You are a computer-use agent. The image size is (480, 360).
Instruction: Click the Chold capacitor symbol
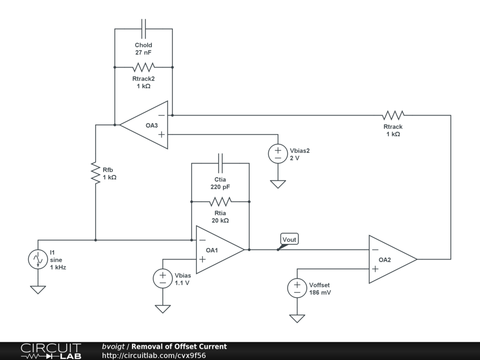(143, 29)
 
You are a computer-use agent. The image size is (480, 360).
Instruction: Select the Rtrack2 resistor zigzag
(143, 67)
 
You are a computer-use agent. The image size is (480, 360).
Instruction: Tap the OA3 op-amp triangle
(143, 125)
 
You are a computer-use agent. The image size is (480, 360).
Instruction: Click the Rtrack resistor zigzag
(393, 115)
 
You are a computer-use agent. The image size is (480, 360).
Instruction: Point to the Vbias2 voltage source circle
(278, 154)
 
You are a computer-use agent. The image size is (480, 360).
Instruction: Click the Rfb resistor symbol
(96, 173)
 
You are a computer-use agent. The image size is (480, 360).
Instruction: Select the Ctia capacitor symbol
(220, 163)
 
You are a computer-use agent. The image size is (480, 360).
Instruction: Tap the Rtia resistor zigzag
(220, 202)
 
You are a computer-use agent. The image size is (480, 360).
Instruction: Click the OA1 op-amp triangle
(220, 250)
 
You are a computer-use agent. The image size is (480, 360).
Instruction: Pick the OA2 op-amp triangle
(393, 259)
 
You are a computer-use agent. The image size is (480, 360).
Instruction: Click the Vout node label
(289, 239)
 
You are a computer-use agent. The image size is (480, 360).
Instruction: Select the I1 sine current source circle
(38, 259)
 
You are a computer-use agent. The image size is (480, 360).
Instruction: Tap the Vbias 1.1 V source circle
(163, 278)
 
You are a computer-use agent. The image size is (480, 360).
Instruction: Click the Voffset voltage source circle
(297, 288)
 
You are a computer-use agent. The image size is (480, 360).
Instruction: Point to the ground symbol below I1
(38, 290)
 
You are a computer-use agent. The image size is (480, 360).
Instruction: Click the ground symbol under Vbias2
(278, 184)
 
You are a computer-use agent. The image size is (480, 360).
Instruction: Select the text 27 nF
(143, 52)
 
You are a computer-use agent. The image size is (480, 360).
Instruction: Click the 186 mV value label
(320, 292)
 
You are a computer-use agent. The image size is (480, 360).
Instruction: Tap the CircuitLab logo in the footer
(51, 351)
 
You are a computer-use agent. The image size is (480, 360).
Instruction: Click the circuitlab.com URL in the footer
(154, 355)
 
